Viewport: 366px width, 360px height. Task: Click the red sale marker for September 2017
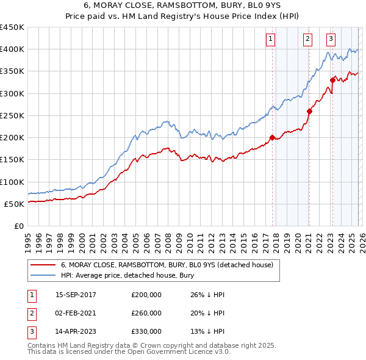[x=272, y=137]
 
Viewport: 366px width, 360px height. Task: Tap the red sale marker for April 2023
[x=332, y=80]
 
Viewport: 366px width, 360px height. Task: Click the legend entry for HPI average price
[x=127, y=276]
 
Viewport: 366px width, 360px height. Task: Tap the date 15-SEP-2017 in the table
[x=76, y=295]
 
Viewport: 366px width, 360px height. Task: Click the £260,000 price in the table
[x=146, y=313]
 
